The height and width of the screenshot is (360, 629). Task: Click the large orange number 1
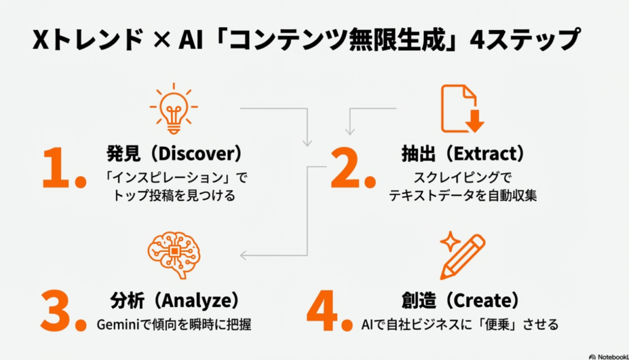61,167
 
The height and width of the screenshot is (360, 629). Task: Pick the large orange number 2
351,167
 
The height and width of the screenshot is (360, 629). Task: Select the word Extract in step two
477,154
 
